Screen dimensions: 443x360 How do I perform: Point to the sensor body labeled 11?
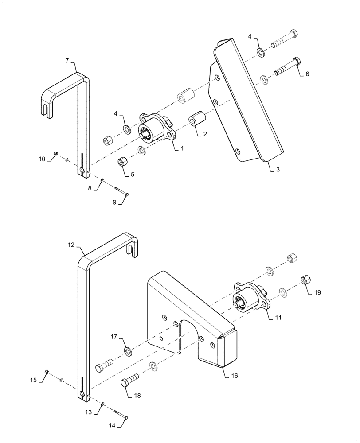250,300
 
